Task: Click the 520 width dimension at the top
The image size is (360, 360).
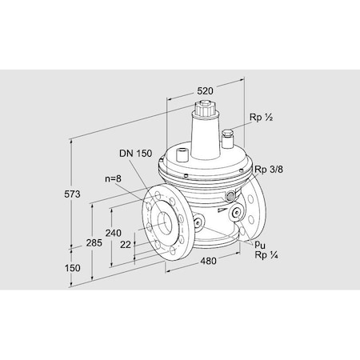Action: click(x=205, y=91)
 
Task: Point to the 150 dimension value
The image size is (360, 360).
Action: click(x=74, y=269)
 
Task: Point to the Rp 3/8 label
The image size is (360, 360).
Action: click(x=269, y=170)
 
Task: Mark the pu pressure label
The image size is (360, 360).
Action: click(x=261, y=245)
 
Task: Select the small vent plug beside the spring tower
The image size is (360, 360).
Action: click(x=228, y=134)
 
